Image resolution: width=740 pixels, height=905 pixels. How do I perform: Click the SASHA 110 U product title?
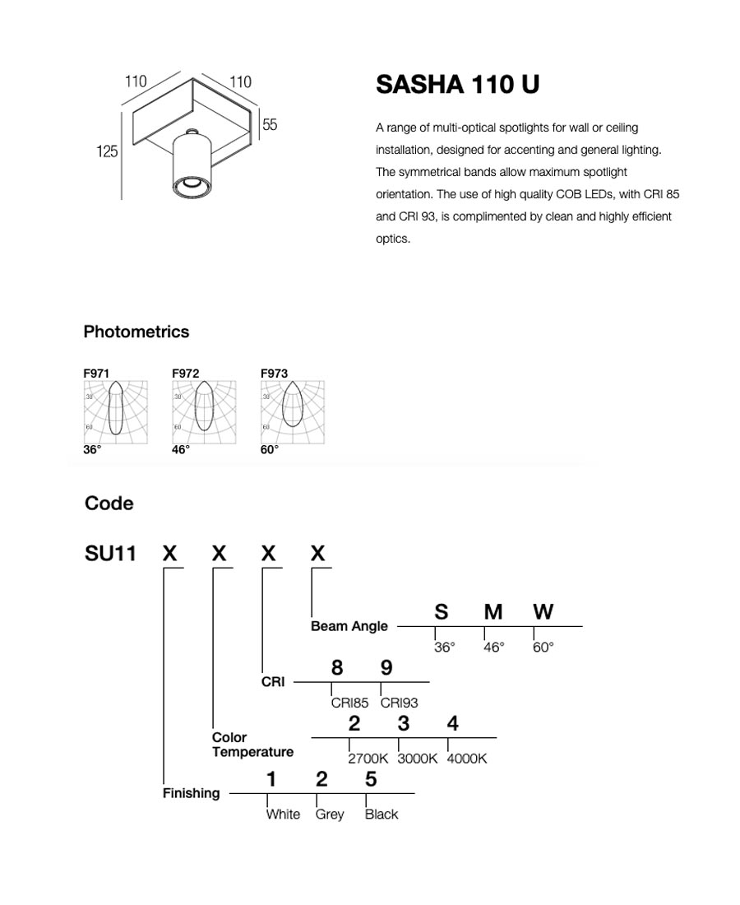click(x=457, y=85)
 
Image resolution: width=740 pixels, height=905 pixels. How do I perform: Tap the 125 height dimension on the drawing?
click(x=107, y=152)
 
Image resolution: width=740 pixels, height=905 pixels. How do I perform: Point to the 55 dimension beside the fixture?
click(x=270, y=125)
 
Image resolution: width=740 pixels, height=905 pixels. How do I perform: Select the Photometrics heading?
click(x=136, y=332)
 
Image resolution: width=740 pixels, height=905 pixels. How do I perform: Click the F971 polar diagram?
click(x=116, y=411)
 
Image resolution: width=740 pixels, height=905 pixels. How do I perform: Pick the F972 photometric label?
click(x=185, y=374)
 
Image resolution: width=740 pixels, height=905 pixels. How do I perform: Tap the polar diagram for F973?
click(x=292, y=411)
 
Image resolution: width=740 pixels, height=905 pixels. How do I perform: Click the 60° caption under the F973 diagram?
click(x=270, y=450)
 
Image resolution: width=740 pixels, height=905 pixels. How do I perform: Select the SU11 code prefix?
click(x=110, y=553)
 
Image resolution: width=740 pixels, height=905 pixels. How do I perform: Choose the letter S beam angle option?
click(x=442, y=612)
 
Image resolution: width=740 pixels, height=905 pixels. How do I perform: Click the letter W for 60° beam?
click(x=543, y=612)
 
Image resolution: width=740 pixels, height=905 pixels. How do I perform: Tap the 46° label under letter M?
click(x=493, y=647)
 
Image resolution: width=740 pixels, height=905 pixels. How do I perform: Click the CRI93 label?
click(x=399, y=703)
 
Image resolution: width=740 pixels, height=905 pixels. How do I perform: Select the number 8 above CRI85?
click(x=337, y=668)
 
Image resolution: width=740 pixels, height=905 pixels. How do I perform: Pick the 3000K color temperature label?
click(x=417, y=759)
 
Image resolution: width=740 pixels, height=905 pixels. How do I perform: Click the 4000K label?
click(x=466, y=759)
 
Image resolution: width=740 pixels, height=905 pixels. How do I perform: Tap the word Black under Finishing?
click(x=382, y=814)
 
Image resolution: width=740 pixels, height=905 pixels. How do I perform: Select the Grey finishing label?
click(x=330, y=814)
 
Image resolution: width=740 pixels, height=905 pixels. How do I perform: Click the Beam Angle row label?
click(x=349, y=626)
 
